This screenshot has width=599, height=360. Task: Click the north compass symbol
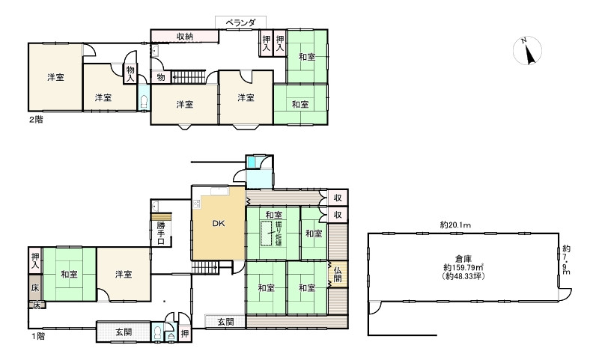(527, 51)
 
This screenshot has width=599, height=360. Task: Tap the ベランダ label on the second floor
(240, 22)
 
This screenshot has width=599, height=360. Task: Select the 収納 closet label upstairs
(184, 37)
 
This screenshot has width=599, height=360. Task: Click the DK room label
(219, 224)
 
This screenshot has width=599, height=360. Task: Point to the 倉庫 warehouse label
(463, 259)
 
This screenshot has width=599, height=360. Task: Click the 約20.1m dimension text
(455, 225)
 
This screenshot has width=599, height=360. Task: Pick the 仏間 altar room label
(338, 275)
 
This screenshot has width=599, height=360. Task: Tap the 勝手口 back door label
(161, 233)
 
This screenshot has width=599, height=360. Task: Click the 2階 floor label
(36, 120)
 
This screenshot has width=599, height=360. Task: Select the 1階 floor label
(38, 336)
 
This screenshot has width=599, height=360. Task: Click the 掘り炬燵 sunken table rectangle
(266, 233)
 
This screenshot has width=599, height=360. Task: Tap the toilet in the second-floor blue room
(144, 103)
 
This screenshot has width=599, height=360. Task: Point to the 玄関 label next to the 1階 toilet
(124, 332)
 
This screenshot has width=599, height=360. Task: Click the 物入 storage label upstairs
(130, 74)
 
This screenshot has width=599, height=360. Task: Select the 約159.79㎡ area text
(463, 268)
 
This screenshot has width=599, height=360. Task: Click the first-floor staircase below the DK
(204, 268)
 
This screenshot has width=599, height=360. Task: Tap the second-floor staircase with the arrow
(189, 77)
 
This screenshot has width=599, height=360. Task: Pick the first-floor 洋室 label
(124, 274)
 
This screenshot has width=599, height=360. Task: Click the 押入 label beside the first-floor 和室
(35, 260)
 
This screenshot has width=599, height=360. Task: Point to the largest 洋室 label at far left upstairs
(55, 78)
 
